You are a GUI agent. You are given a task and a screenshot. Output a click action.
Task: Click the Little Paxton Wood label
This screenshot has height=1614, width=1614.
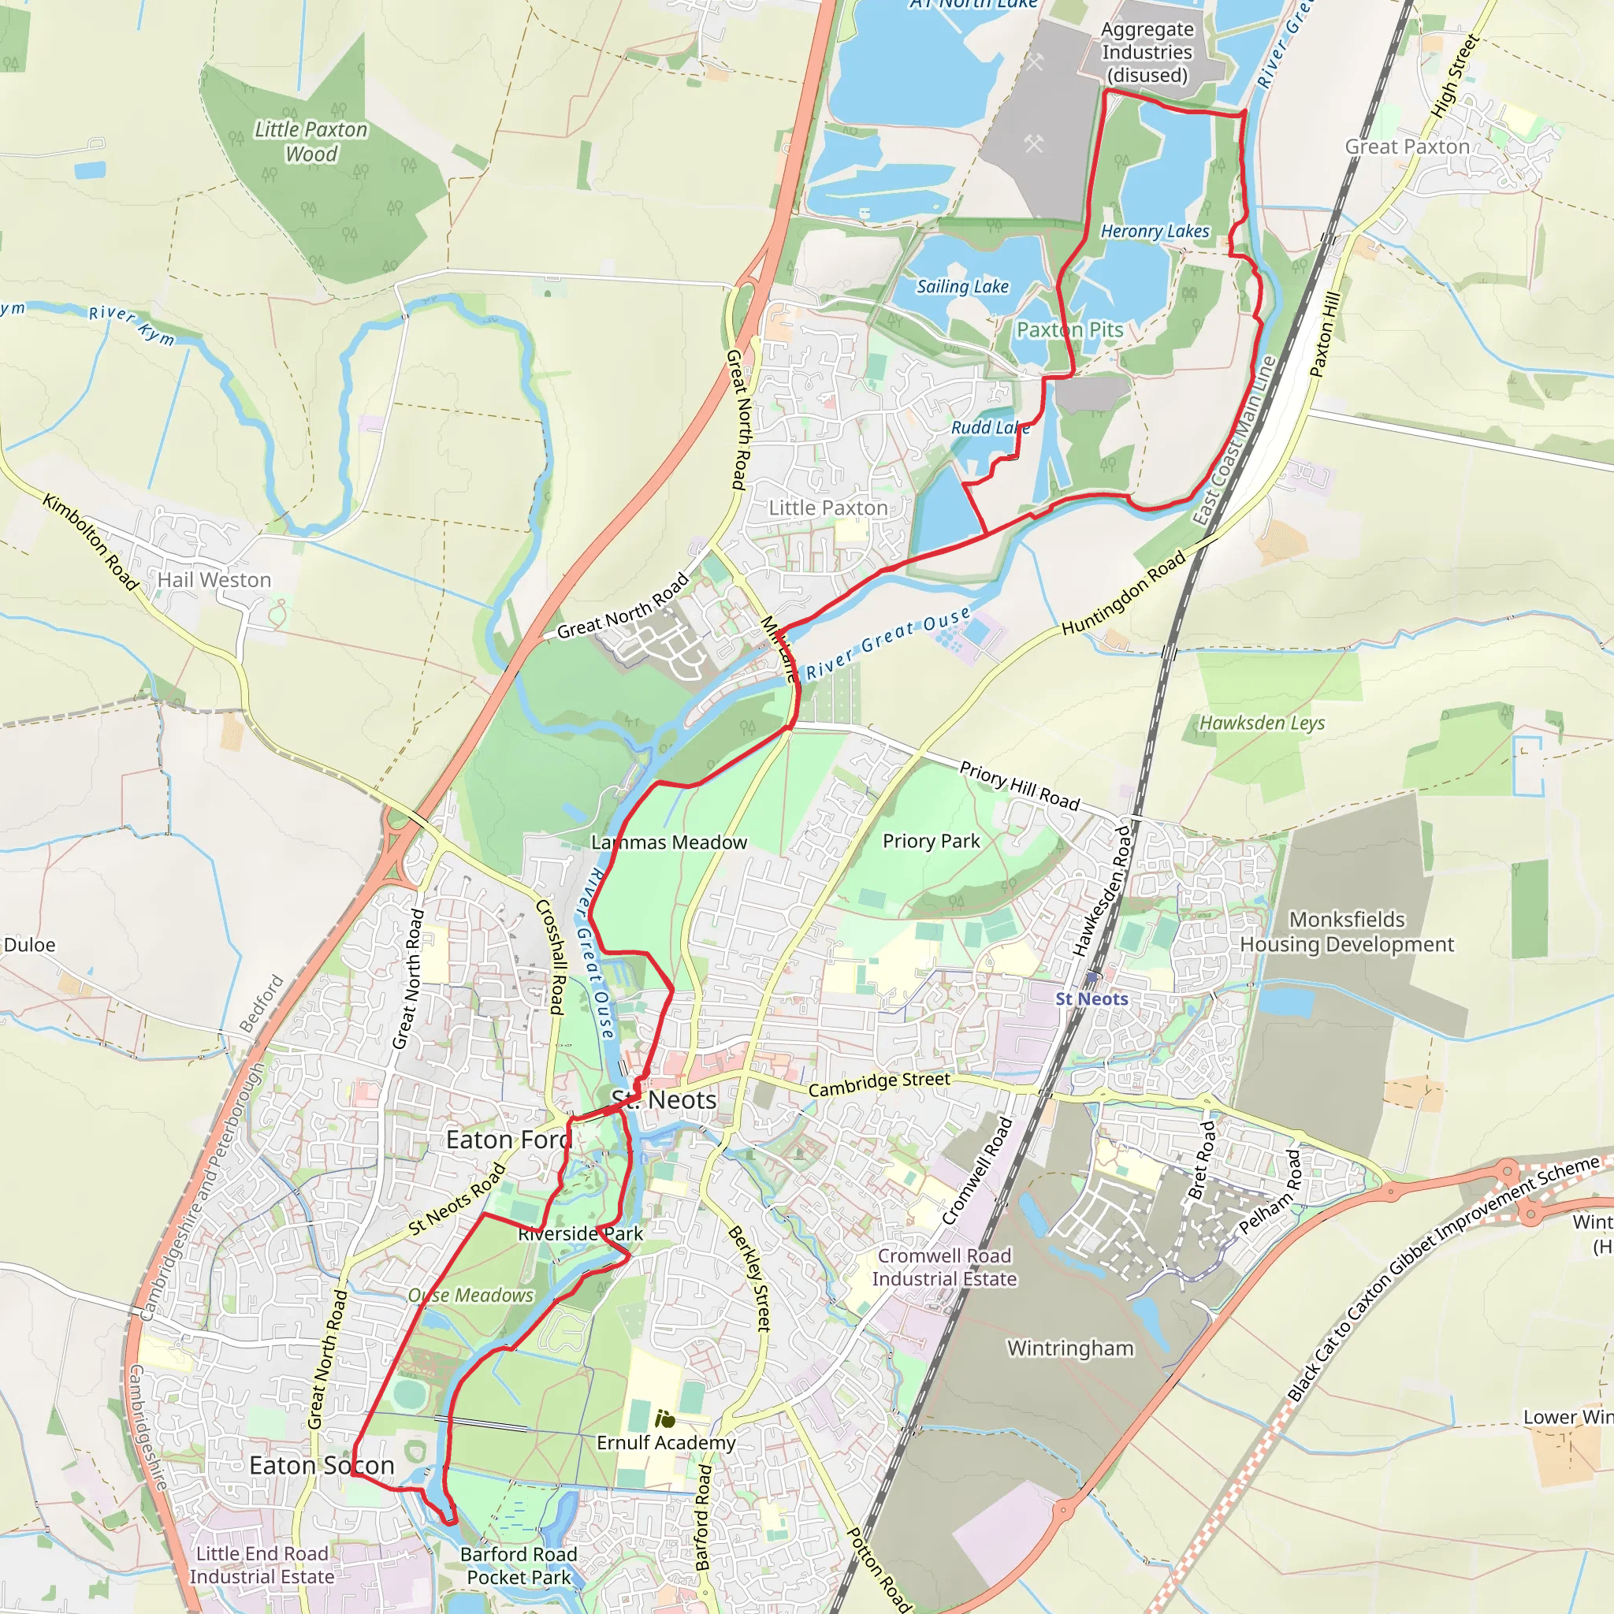tap(311, 141)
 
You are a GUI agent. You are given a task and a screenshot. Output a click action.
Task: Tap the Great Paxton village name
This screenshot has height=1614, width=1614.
tap(1407, 147)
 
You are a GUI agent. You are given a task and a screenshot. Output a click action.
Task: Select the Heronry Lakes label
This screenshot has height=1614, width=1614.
tap(1155, 232)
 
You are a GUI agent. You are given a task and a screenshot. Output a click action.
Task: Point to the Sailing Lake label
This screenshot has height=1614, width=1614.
tap(962, 287)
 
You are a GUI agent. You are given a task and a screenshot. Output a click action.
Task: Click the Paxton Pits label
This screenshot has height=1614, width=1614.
tap(1069, 330)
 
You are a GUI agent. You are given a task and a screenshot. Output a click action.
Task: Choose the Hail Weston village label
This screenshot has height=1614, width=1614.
tap(214, 580)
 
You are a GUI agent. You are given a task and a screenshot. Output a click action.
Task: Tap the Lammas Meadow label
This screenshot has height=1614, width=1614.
tap(668, 842)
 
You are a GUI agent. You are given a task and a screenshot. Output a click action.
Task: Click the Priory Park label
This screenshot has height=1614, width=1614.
tap(931, 840)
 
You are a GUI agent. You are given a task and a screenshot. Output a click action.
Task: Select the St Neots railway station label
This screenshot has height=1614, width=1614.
tap(1091, 999)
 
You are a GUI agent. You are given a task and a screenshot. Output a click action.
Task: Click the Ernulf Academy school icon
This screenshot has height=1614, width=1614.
tap(665, 1419)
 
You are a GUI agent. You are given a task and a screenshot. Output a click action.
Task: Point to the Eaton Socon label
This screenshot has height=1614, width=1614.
tap(322, 1465)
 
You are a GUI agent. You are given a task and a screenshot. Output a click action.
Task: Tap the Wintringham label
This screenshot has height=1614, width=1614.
tap(1070, 1348)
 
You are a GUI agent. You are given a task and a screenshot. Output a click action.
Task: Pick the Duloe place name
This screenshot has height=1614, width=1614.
tap(29, 945)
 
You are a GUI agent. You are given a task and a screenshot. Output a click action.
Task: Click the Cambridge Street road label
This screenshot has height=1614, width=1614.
tap(879, 1084)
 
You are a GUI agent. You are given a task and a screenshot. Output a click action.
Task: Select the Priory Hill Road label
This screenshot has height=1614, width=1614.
tap(1019, 786)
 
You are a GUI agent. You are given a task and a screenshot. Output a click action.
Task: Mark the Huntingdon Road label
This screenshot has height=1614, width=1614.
tap(1124, 593)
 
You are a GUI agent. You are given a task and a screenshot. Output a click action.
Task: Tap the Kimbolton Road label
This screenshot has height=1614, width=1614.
tap(90, 541)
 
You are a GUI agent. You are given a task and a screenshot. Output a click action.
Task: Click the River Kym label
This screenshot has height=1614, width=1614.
tap(132, 325)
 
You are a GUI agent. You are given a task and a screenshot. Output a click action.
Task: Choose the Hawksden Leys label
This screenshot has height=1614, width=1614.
tap(1262, 723)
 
